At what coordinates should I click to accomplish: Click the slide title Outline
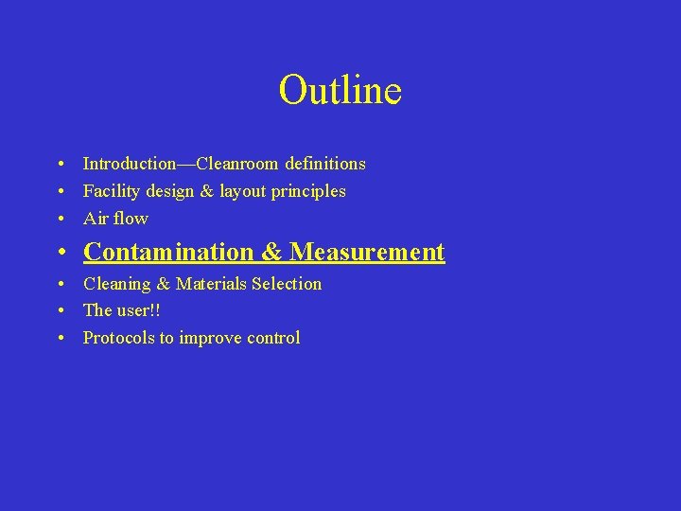340,91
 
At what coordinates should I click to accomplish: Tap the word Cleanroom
245,164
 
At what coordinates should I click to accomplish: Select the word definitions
328,164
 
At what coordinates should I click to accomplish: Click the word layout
244,191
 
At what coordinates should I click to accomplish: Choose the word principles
309,191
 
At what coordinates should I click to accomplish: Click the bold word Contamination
169,252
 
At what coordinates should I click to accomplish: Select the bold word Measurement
367,252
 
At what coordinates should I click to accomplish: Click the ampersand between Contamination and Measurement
272,252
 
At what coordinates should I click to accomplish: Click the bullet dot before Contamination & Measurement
61,253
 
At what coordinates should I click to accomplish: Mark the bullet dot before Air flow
61,220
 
